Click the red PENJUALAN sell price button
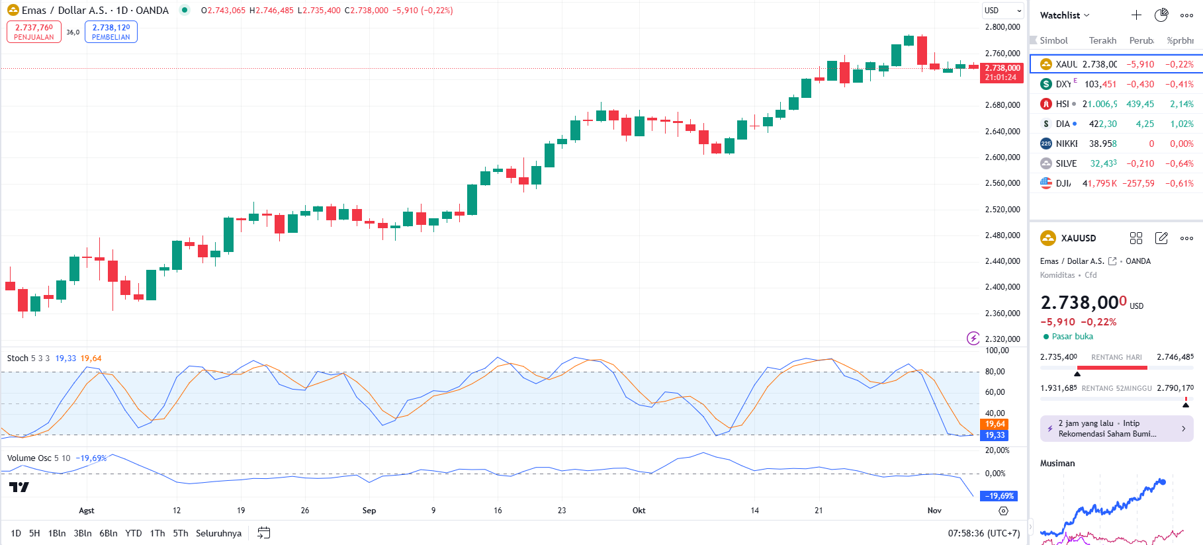coord(34,32)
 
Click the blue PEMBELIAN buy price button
coord(111,32)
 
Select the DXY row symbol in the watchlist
coord(1063,84)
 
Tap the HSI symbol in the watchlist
coord(1061,104)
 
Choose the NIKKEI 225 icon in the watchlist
coord(1046,144)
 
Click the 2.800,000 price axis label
coord(1002,27)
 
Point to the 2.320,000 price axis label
coord(1002,339)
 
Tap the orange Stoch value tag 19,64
coord(995,424)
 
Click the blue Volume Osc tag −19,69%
coord(999,496)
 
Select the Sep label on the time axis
coord(369,511)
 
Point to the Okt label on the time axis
coord(639,511)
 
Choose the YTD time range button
coord(134,533)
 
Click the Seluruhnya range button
coord(218,533)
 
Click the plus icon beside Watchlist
coord(1136,15)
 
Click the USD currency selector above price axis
coord(1002,11)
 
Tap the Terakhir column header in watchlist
coord(1102,40)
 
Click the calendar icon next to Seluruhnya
coord(263,533)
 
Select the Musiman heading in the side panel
coord(1057,463)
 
